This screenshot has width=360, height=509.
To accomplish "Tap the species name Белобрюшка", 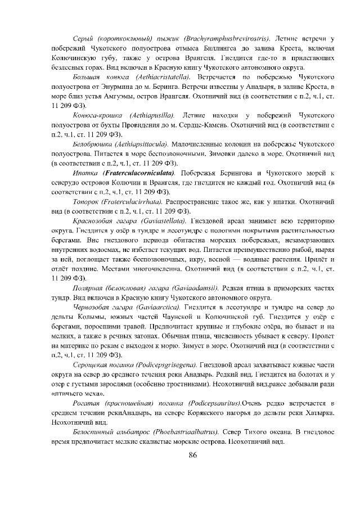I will tap(92, 145).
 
